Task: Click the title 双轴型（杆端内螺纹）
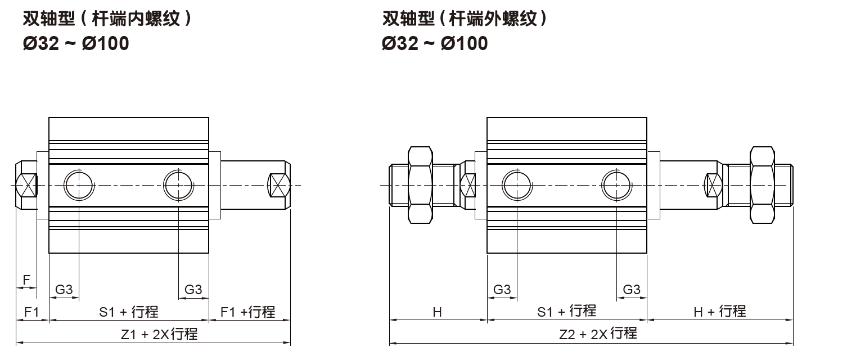(107, 19)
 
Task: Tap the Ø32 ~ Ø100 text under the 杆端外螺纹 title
(435, 43)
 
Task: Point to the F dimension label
(26, 280)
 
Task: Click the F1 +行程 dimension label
(248, 312)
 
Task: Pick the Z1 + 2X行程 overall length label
(159, 334)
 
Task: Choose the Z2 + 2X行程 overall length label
(598, 334)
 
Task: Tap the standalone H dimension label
(437, 312)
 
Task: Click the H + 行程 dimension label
(719, 311)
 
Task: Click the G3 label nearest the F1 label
(64, 290)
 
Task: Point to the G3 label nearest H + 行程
(632, 290)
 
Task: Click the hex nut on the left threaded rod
(420, 184)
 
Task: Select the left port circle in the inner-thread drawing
(79, 184)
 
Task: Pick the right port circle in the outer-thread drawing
(616, 184)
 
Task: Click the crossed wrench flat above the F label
(26, 184)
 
